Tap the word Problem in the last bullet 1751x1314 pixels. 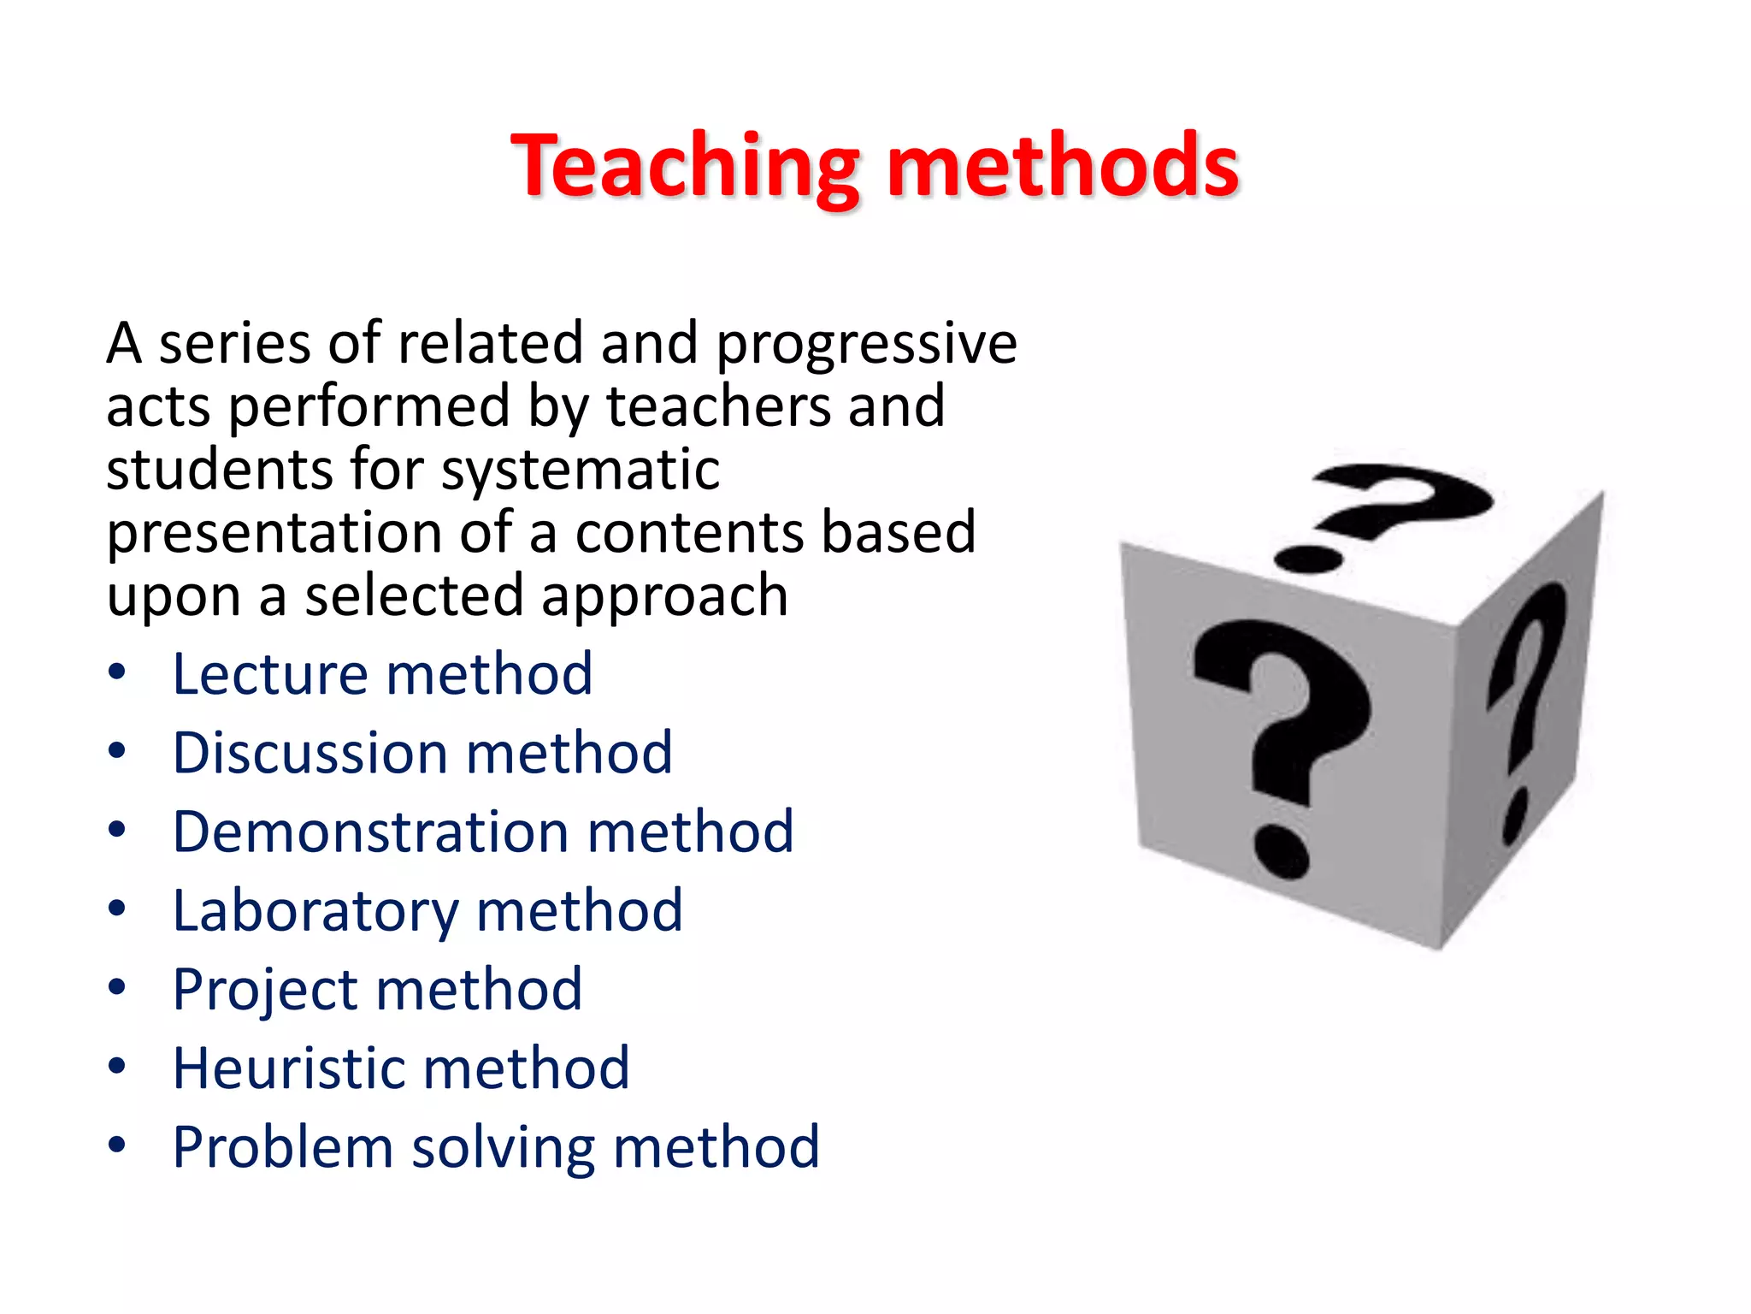click(281, 1147)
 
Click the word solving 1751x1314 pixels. click(503, 1149)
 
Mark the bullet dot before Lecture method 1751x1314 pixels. click(117, 672)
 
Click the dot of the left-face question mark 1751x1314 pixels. click(1282, 850)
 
